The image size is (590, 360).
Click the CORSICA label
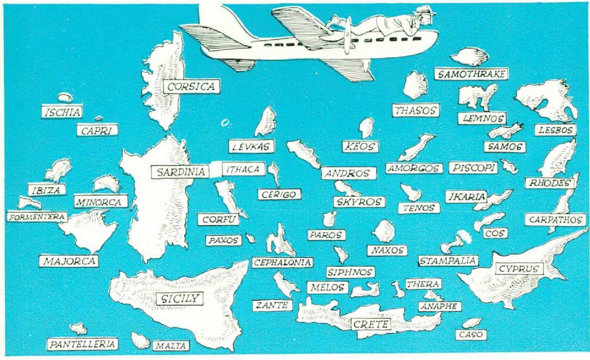(191, 86)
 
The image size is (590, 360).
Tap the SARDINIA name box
(181, 172)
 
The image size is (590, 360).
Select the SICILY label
(180, 298)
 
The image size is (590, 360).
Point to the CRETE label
(371, 324)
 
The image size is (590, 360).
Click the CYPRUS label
(519, 269)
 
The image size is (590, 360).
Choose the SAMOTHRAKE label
(471, 74)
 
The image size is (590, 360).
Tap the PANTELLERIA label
(82, 344)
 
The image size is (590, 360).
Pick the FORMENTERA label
(37, 217)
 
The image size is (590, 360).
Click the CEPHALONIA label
(282, 262)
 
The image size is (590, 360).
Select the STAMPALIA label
(448, 261)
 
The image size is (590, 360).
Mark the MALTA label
(171, 346)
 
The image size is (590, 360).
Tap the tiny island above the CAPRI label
(99, 119)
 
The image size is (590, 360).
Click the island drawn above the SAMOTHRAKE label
(469, 57)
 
